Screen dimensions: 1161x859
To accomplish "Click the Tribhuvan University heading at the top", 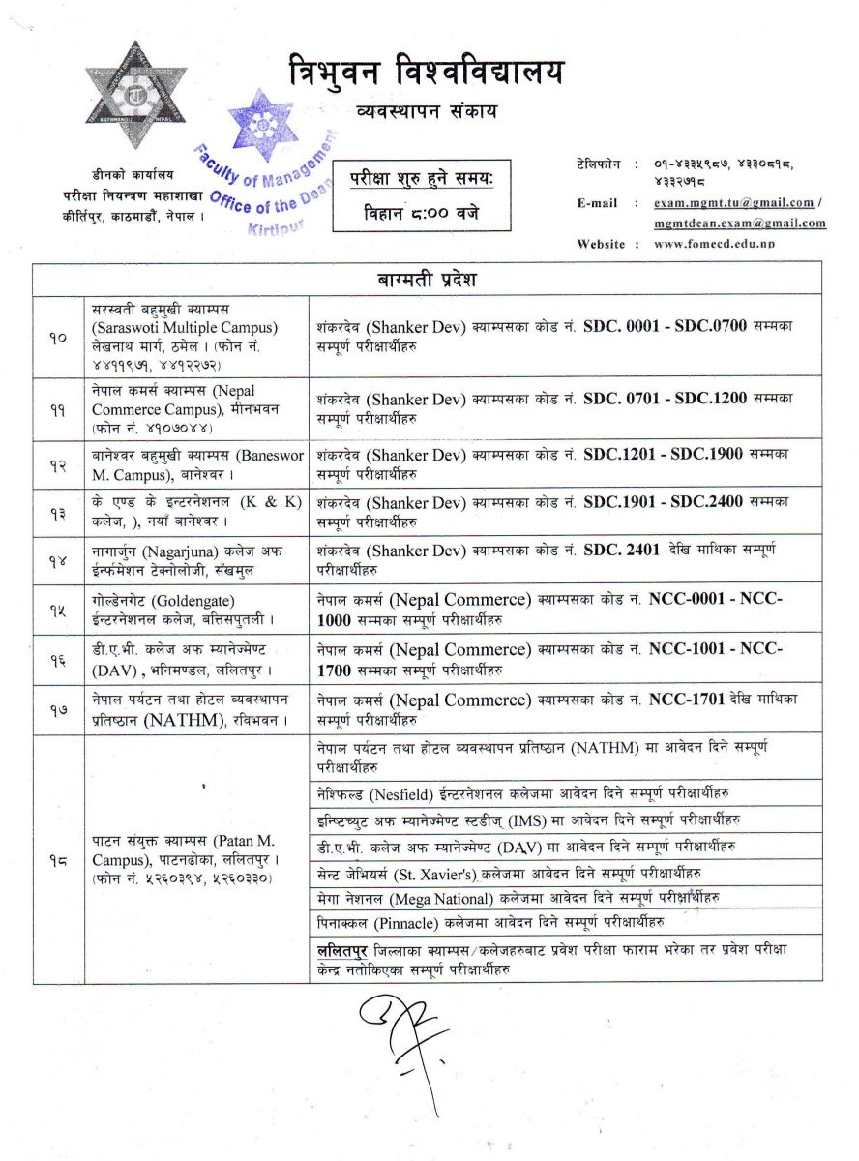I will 425,74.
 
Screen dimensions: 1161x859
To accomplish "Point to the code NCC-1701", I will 688,699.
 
